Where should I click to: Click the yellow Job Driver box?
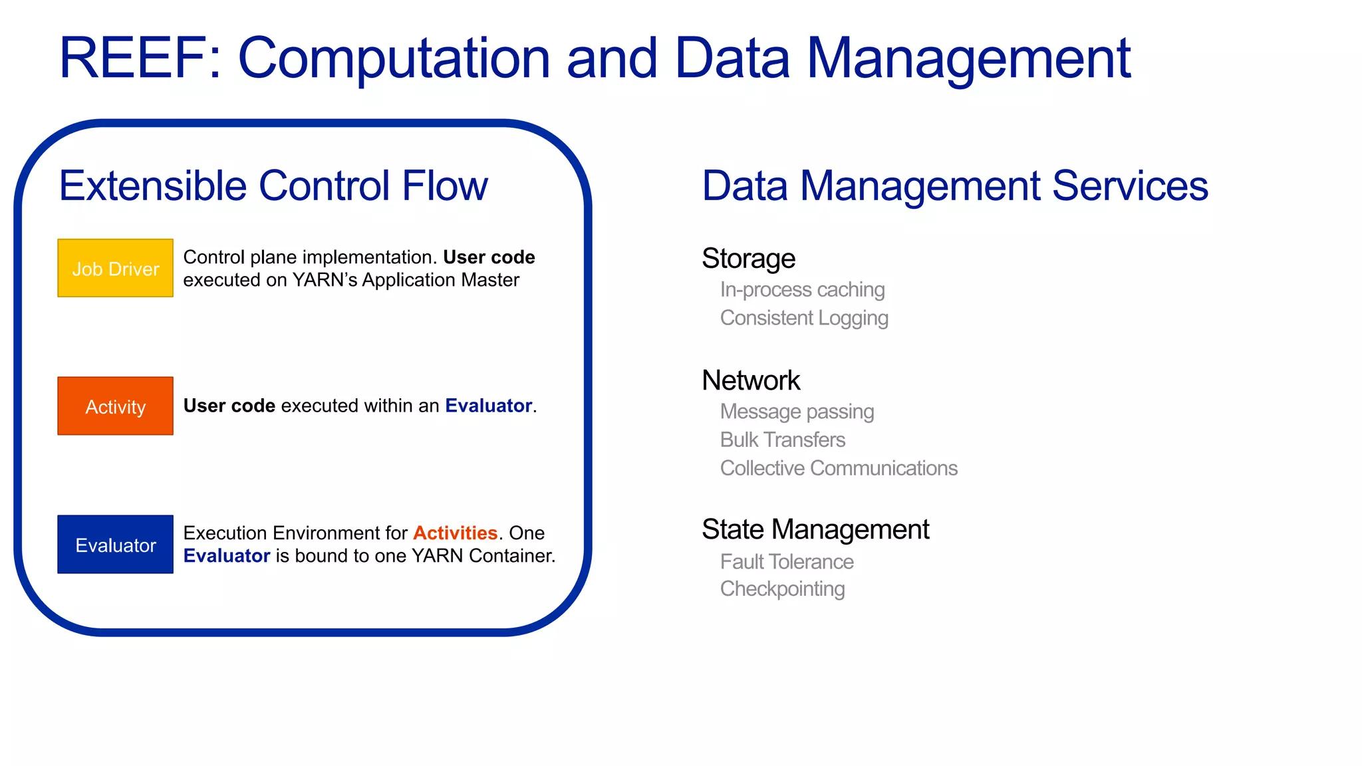(115, 268)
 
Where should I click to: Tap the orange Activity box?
(115, 406)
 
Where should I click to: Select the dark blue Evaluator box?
(115, 545)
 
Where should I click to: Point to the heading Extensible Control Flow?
(273, 186)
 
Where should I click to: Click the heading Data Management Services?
(955, 186)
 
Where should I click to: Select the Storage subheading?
(748, 259)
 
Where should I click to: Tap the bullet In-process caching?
(802, 290)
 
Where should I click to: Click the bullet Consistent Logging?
(804, 318)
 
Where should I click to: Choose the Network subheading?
(751, 380)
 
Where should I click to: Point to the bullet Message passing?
(797, 412)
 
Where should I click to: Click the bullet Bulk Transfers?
(783, 440)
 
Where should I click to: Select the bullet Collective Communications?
(839, 468)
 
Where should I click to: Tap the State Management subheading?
(815, 529)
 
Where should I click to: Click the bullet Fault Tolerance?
(787, 562)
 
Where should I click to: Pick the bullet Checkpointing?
(782, 589)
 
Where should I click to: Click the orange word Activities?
(455, 533)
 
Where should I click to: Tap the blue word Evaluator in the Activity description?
(488, 406)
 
